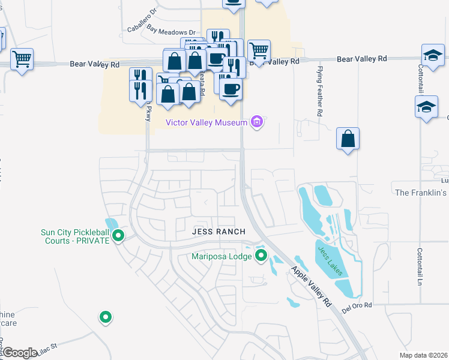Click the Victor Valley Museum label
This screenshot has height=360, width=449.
click(x=206, y=122)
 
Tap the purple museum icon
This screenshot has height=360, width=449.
click(x=257, y=122)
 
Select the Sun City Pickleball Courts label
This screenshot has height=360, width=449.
click(x=75, y=236)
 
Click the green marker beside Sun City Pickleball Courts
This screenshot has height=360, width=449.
click(x=118, y=236)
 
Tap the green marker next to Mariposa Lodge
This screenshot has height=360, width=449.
click(x=261, y=256)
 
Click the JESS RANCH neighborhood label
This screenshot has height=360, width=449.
click(x=218, y=232)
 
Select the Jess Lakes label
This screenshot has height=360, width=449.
click(x=330, y=262)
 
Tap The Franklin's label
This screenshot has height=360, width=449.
click(x=421, y=193)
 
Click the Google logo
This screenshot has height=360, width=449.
click(x=20, y=353)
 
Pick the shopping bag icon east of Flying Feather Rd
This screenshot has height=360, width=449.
click(x=348, y=139)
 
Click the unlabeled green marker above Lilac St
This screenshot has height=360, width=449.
click(x=106, y=316)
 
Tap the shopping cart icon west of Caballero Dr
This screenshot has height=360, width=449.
click(x=22, y=59)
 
